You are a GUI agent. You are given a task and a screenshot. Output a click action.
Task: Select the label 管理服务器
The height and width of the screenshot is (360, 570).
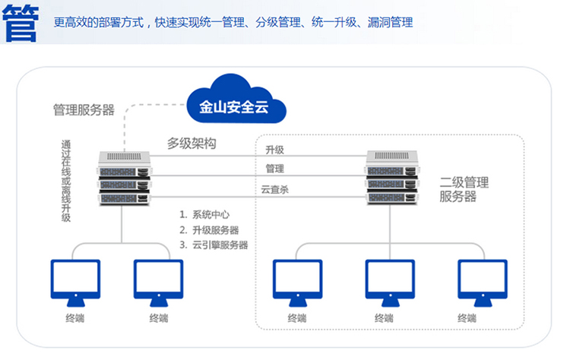tap(84, 110)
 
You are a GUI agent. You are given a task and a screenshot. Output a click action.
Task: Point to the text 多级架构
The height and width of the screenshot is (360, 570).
tap(192, 143)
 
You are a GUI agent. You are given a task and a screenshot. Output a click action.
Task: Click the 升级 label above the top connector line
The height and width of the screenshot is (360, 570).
tap(274, 149)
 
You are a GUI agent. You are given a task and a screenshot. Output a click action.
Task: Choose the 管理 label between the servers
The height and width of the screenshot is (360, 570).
tap(274, 169)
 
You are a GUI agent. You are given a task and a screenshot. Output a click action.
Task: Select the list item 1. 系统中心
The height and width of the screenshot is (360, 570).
tap(204, 215)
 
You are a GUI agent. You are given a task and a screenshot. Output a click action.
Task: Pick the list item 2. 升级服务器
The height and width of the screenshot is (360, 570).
tap(209, 230)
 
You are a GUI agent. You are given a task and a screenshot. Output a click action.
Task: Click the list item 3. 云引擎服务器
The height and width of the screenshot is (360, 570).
tap(214, 245)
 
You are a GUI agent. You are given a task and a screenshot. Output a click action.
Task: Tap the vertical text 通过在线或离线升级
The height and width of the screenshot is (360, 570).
tap(67, 181)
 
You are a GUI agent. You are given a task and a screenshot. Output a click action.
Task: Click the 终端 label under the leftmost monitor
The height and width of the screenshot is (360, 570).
tap(74, 318)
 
